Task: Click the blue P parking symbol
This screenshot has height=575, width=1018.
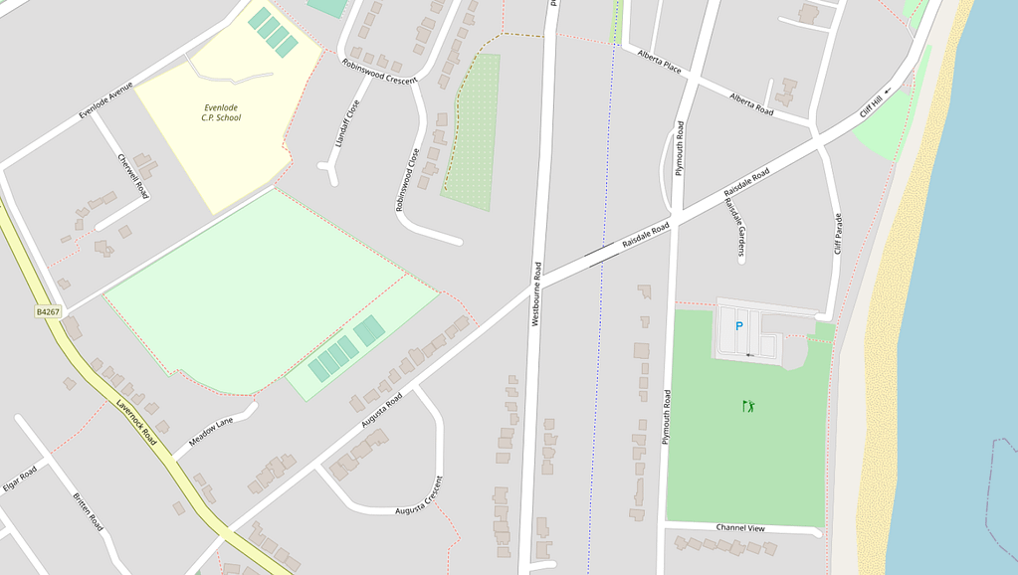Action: point(738,326)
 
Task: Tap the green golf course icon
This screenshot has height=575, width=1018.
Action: point(748,406)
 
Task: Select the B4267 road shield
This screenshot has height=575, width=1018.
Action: point(48,312)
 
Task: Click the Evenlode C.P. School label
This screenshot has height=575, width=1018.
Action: point(221,112)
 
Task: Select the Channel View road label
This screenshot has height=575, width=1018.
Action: point(740,527)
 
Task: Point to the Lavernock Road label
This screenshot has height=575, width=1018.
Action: point(136,422)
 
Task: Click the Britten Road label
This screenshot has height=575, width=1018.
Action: point(89,509)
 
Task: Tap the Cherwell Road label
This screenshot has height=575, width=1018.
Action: point(132,176)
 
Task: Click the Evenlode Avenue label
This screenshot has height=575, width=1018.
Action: point(105,100)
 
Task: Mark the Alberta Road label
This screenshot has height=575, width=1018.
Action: point(751,104)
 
